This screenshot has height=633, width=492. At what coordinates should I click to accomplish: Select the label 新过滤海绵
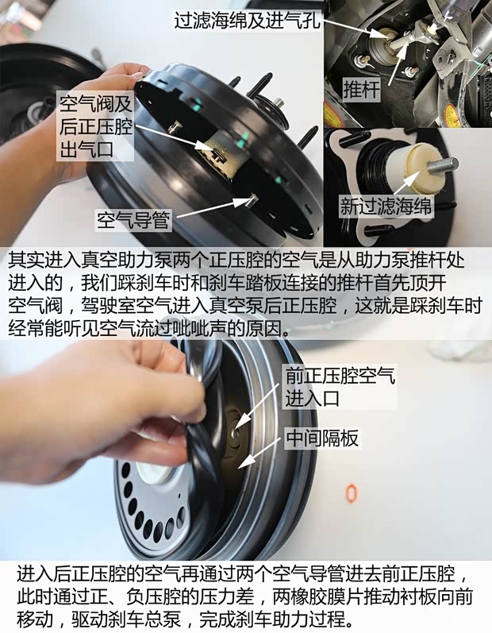point(386,206)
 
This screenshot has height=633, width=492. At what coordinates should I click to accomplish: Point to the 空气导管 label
point(133,218)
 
